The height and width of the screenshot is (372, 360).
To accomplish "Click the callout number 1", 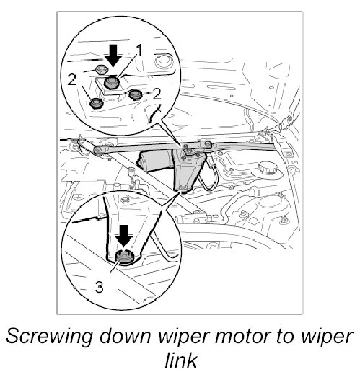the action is [139, 51].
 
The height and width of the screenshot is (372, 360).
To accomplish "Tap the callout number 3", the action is [99, 287].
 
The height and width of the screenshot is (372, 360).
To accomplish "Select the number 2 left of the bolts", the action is [72, 80].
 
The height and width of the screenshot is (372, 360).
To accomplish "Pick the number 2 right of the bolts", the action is [157, 94].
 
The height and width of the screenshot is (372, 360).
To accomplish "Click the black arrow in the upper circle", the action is [113, 55].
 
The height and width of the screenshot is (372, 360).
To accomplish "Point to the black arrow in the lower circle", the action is [124, 236].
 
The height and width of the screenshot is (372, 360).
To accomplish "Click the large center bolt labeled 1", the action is [111, 83].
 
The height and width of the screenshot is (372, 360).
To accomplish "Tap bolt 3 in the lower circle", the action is [124, 257].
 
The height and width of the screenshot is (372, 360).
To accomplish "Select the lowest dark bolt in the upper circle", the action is [96, 104].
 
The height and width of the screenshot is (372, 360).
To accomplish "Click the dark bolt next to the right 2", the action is [136, 94].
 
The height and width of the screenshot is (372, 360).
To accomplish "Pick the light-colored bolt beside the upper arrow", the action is [102, 70].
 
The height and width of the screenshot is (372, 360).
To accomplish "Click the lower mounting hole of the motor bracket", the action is [183, 187].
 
